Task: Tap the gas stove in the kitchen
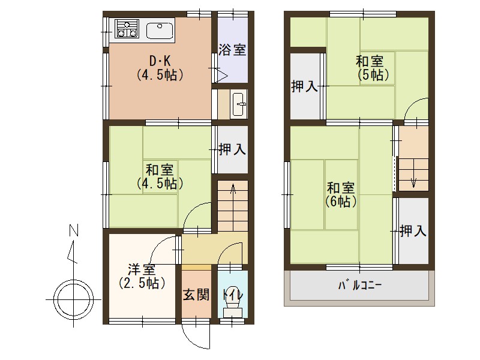pos(127,28)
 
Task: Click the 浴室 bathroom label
pos(232,50)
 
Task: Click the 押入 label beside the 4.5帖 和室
pos(232,149)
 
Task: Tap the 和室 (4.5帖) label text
pos(159,175)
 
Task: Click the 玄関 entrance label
pos(196,295)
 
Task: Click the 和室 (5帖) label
pos(372,68)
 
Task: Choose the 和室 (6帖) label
pos(341,194)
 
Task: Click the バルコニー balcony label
pos(359,285)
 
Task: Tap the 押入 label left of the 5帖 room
pos(304,86)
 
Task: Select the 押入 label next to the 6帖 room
pos(413,230)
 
